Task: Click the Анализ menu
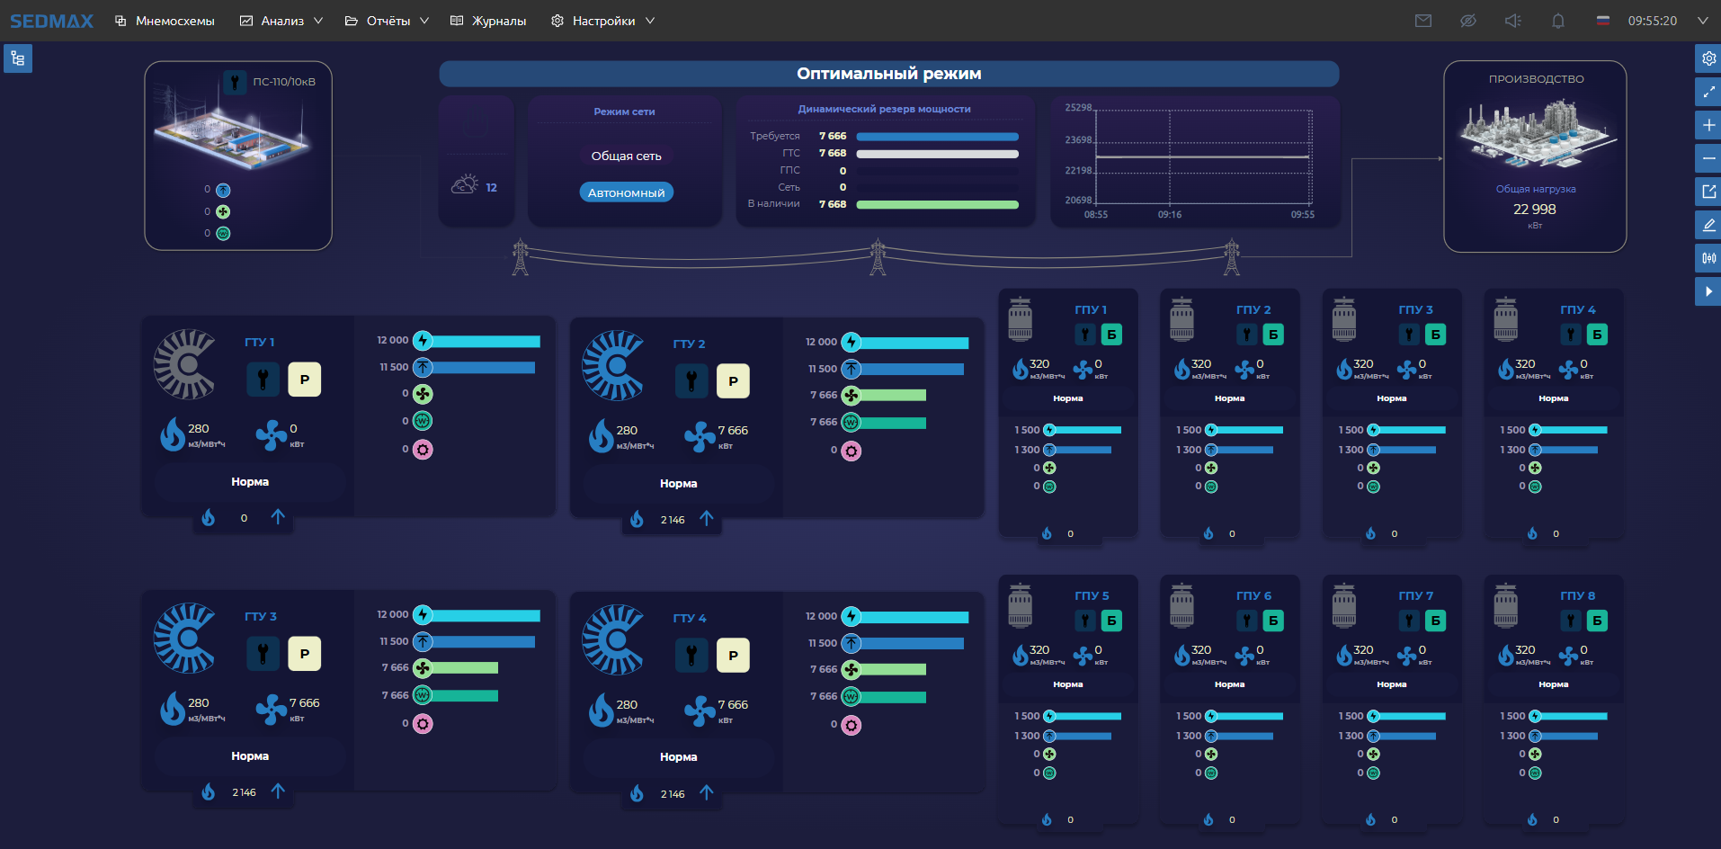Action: [x=281, y=21]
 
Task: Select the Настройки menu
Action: [x=602, y=21]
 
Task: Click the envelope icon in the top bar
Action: [x=1422, y=21]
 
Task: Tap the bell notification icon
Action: [x=1558, y=21]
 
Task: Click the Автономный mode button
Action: [x=626, y=192]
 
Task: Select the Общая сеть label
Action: [x=626, y=156]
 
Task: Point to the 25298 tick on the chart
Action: [x=1078, y=108]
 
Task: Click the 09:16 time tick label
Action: [x=1169, y=215]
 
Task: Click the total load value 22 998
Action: [x=1534, y=209]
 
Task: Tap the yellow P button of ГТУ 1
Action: [x=304, y=380]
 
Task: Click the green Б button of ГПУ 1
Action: [x=1111, y=335]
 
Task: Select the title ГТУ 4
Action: [x=690, y=618]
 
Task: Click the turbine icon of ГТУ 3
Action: [x=185, y=639]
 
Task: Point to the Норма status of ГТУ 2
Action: [x=678, y=484]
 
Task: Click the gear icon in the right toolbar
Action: [x=1708, y=58]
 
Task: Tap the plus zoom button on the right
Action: [x=1708, y=125]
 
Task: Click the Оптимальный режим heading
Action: [x=888, y=74]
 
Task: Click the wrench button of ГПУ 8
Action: [x=1571, y=621]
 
